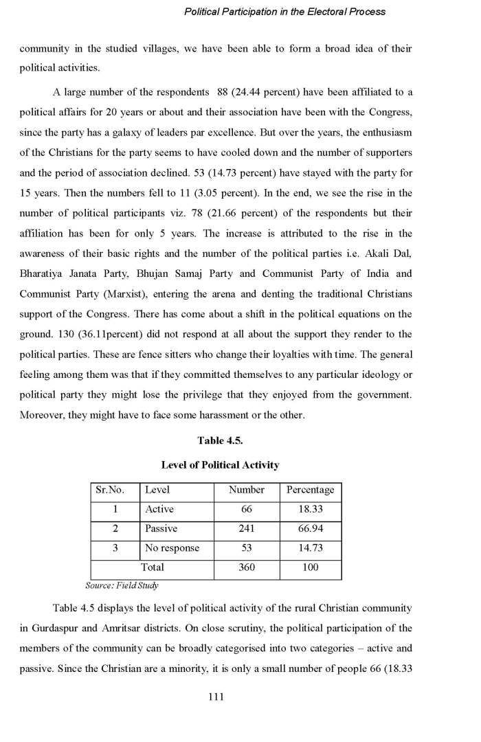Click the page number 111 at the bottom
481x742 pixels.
(x=216, y=697)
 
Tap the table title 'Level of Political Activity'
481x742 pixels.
(x=220, y=465)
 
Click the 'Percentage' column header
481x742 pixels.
(x=311, y=490)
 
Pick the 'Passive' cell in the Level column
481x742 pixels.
(x=161, y=528)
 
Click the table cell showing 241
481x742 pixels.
(x=247, y=528)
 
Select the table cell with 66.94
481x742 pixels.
(x=311, y=528)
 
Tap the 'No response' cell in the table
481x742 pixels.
(x=172, y=548)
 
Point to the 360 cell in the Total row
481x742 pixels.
(x=247, y=567)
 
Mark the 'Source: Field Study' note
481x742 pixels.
(x=122, y=585)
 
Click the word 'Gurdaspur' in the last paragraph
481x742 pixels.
(x=54, y=628)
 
